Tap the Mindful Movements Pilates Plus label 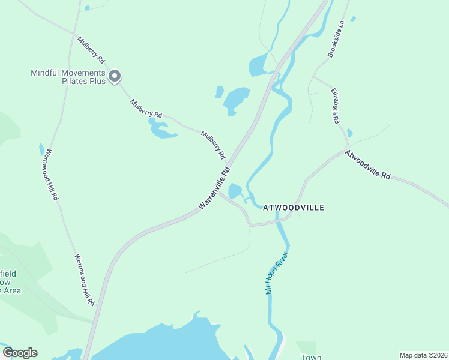pos(68,77)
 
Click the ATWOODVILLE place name pos(294,208)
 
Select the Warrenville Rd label pos(214,188)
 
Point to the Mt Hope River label pos(273,276)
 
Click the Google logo pos(20,353)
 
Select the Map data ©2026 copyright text pos(423,355)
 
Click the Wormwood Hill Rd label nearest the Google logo pos(85,280)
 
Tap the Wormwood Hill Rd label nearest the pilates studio pos(51,174)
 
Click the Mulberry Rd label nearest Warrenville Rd pos(213,145)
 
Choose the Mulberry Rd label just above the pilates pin pos(91,50)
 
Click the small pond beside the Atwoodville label pos(235,191)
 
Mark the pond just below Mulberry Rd pos(161,130)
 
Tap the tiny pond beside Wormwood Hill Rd pos(41,149)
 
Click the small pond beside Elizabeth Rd pos(350,133)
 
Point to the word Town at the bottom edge pos(311,357)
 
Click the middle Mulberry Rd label pos(146,107)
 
